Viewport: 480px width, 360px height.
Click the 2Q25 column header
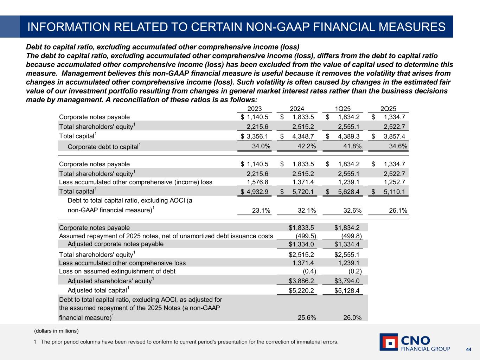388,109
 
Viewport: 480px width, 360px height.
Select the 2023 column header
255,109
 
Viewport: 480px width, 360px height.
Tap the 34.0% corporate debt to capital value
261,146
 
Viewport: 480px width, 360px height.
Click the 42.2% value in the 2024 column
307,146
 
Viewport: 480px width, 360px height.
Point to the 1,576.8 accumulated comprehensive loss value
258,182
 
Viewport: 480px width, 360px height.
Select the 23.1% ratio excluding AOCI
261,211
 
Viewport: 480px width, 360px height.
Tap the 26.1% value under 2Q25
398,211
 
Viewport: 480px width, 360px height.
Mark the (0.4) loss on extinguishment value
309,271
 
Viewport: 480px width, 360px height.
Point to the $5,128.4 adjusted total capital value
347,291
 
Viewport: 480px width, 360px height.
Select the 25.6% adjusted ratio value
307,317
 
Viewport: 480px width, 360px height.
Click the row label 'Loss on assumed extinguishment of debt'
117,271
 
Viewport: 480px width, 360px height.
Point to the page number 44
468,349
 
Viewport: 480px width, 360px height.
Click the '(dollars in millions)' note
56,331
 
